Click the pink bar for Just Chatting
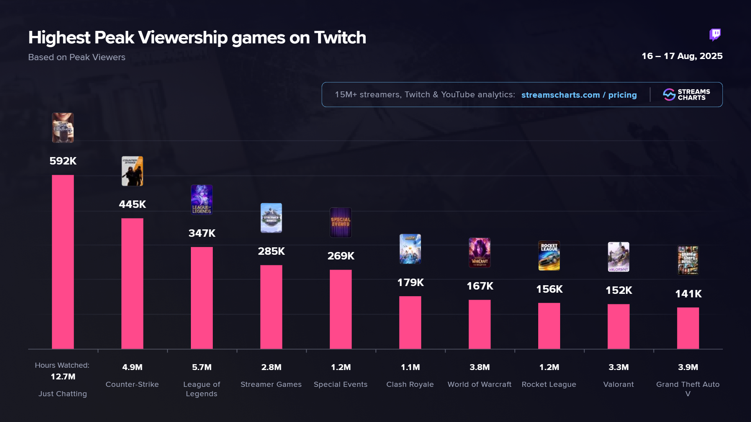tap(63, 262)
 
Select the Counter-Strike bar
tap(132, 283)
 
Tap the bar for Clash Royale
tap(410, 322)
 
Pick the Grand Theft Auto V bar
tap(688, 328)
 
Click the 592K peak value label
tap(63, 161)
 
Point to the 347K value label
tap(202, 233)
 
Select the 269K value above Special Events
tap(341, 256)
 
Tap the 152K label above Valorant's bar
tap(618, 290)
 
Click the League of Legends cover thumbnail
tap(202, 200)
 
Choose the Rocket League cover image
tap(549, 256)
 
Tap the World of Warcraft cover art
tap(480, 252)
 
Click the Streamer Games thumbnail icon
tap(271, 218)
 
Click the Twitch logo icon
tap(715, 35)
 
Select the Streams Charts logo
tap(686, 95)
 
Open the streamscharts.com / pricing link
tap(579, 95)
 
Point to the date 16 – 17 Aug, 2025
tap(682, 56)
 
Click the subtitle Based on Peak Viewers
tap(77, 57)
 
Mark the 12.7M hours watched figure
tap(63, 377)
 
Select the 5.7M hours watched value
tap(202, 367)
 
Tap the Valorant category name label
tap(618, 384)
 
